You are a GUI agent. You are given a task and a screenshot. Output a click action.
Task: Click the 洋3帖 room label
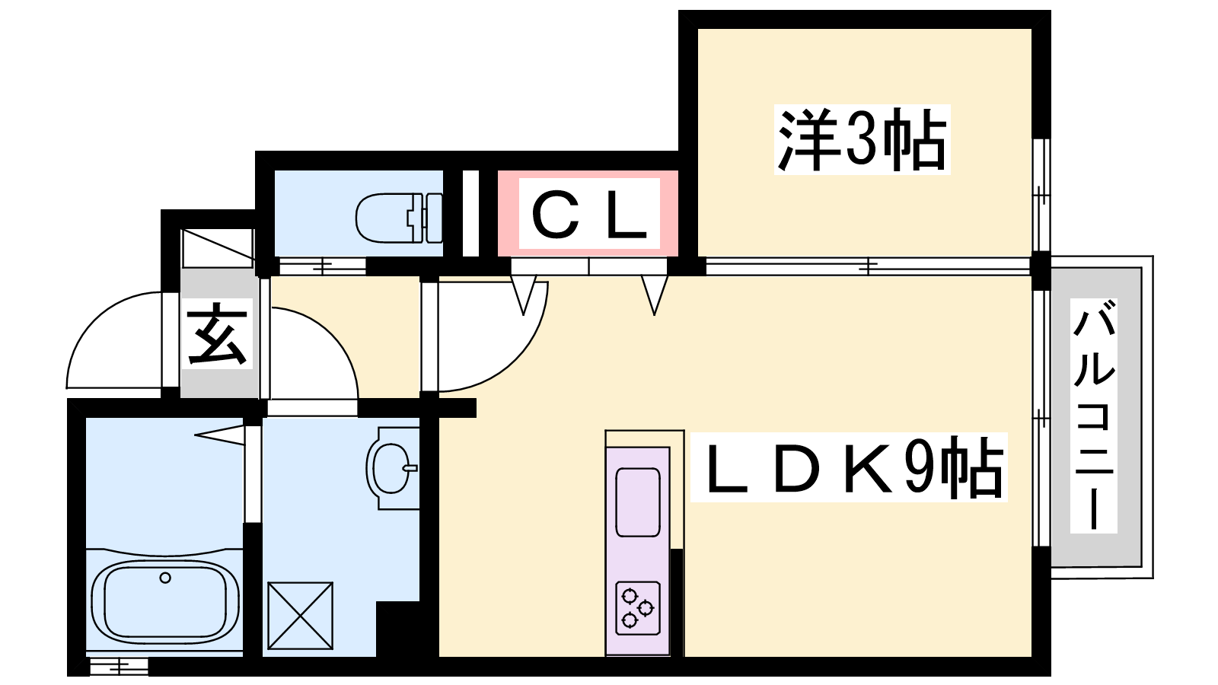coord(862,139)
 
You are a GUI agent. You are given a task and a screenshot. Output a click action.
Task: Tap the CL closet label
coord(589,216)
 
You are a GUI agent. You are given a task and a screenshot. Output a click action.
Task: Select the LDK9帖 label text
coord(849,467)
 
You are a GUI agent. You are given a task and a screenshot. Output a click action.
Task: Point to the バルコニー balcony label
coord(1093,416)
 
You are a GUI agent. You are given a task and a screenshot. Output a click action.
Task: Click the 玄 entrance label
coord(218,333)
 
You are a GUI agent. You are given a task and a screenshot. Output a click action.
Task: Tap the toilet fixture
coord(400,218)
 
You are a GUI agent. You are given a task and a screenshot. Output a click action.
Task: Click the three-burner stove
coord(638,608)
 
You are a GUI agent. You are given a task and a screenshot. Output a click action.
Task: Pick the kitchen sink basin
coord(638,502)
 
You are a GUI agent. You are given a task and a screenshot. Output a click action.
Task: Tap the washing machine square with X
coord(300,616)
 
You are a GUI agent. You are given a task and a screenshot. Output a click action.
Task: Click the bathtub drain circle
coord(165,578)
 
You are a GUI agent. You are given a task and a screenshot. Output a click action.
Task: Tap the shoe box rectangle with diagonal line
coord(218,248)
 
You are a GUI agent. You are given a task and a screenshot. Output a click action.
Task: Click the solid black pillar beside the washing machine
coord(397,629)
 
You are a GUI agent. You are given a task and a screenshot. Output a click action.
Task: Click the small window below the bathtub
coord(118,666)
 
